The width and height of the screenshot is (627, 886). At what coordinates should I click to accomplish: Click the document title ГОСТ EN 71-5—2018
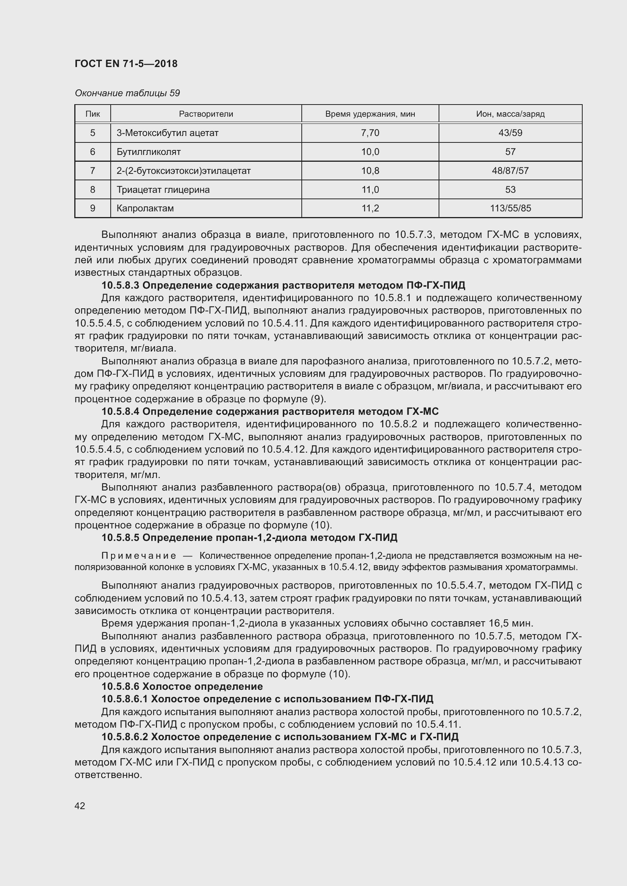tap(126, 64)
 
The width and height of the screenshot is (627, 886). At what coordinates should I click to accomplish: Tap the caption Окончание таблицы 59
tap(127, 93)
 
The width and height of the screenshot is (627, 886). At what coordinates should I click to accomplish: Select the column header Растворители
tap(206, 114)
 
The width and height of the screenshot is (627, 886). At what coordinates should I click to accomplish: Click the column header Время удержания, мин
tap(370, 114)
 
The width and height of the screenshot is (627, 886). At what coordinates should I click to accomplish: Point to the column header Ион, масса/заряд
tap(510, 114)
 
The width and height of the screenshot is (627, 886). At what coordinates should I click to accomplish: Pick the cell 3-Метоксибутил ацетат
tap(167, 133)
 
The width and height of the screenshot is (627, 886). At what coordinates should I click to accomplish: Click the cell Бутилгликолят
tap(148, 152)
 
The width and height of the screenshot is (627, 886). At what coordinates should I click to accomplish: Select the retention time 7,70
tap(370, 133)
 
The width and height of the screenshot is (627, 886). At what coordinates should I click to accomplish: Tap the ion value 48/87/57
tap(510, 170)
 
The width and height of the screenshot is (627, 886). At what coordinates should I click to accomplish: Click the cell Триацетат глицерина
tap(163, 189)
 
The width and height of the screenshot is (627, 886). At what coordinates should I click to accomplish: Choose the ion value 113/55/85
tap(510, 208)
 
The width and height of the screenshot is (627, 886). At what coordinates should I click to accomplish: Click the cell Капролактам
tap(145, 208)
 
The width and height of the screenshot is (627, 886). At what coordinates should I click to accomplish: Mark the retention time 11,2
tap(370, 208)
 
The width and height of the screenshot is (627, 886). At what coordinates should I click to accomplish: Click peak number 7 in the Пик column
tap(92, 170)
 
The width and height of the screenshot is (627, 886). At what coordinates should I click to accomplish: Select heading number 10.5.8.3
tap(121, 285)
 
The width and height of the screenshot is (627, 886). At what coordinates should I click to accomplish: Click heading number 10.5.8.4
tap(121, 411)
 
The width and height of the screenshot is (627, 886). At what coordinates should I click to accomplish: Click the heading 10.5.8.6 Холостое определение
tap(182, 686)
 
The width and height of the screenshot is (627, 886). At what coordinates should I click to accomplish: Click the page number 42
tap(80, 806)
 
